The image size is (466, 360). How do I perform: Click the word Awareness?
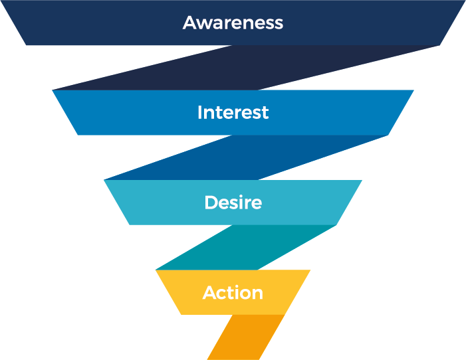[233, 23]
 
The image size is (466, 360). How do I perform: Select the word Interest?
[233, 112]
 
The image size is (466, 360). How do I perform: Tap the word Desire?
[233, 203]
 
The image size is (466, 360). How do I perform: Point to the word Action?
[233, 293]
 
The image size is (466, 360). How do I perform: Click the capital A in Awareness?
[189, 23]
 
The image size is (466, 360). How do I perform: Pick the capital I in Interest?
[199, 112]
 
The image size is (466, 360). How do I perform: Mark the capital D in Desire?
[211, 203]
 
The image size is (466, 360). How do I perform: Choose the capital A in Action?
[209, 293]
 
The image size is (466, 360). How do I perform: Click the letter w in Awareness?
[205, 24]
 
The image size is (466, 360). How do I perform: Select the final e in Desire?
[257, 204]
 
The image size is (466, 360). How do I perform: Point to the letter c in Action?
[223, 294]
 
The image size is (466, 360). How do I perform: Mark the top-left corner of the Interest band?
[53, 91]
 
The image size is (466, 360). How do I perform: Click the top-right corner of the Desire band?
[361, 181]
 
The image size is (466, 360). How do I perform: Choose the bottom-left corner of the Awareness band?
[27, 45]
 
